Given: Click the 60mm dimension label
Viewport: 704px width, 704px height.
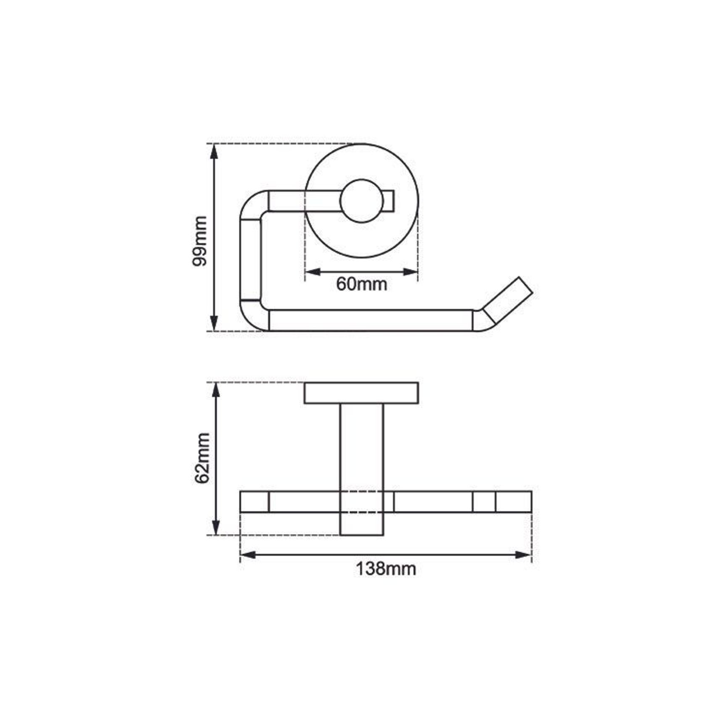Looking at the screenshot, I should [x=361, y=284].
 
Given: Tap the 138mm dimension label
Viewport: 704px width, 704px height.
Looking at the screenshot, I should [x=386, y=569].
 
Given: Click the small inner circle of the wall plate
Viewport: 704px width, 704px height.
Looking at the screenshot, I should [x=362, y=201].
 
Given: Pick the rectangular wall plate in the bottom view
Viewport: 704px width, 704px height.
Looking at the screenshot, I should [x=361, y=393].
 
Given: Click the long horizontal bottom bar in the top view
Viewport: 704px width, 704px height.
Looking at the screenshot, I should [x=370, y=320].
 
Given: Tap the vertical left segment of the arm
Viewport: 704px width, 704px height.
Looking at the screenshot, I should [x=251, y=260].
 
